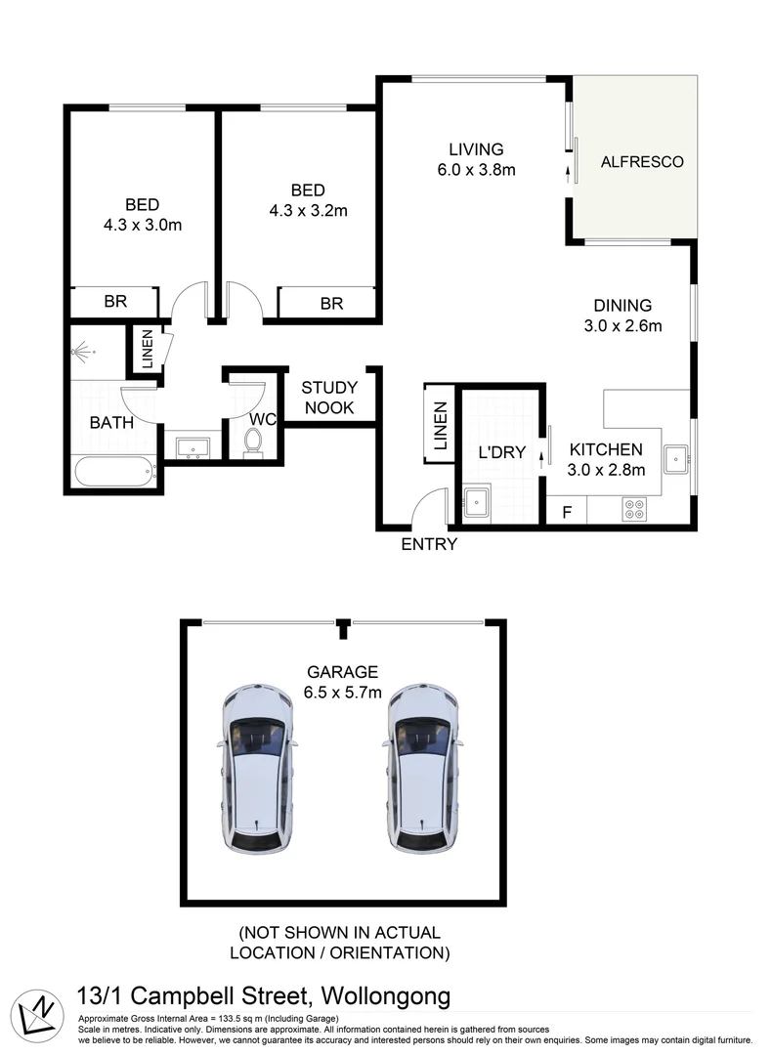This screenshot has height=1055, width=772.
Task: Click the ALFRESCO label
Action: (x=641, y=161)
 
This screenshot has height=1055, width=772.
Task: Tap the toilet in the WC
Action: (x=253, y=443)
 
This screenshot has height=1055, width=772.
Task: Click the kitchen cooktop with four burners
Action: (x=634, y=509)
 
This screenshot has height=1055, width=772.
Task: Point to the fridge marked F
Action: (x=567, y=511)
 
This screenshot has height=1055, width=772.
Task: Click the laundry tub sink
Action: (x=477, y=501)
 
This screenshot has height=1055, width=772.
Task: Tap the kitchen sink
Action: (x=676, y=459)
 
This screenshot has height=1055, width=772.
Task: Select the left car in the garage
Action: (x=258, y=770)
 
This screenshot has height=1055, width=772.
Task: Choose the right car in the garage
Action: (x=422, y=770)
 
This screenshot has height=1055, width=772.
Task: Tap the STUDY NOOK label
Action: (x=329, y=397)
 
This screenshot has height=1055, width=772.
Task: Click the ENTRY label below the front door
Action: (x=429, y=544)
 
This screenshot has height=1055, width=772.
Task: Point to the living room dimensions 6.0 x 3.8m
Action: (x=477, y=170)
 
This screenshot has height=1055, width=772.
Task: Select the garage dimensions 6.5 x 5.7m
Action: (x=343, y=692)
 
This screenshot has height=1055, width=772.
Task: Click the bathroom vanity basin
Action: (x=193, y=447)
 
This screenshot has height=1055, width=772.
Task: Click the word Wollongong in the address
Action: (x=386, y=996)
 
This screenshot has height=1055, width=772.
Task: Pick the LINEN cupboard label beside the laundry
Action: (x=440, y=425)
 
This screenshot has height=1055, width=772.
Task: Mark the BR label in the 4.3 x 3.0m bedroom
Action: (x=115, y=301)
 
